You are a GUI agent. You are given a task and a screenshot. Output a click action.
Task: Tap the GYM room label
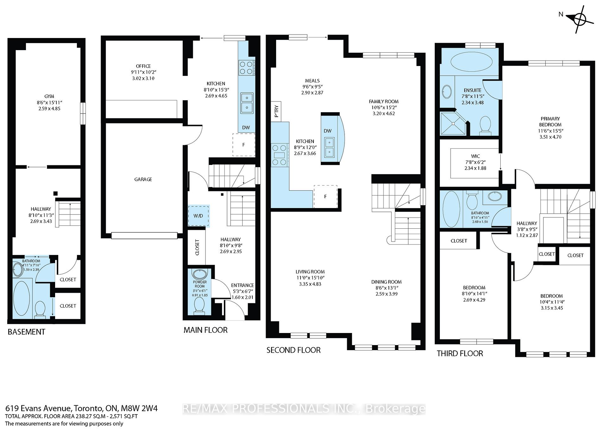tap(49, 96)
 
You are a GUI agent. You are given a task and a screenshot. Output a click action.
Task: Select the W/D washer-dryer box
tap(199, 216)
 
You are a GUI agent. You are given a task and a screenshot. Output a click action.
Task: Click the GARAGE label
tap(143, 180)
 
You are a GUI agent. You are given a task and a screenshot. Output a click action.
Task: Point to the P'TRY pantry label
tap(276, 111)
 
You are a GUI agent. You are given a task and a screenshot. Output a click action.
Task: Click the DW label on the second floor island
tap(328, 131)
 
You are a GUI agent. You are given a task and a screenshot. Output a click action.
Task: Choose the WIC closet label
tap(475, 156)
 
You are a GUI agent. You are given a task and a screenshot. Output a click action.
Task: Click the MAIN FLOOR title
tap(206, 330)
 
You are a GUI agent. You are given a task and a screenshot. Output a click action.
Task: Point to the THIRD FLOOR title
tap(460, 353)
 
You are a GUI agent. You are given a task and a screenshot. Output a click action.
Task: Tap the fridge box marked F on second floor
tap(325, 197)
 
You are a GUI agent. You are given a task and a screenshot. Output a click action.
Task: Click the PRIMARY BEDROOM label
tap(550, 122)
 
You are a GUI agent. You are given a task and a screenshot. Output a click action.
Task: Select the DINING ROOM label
tap(386, 282)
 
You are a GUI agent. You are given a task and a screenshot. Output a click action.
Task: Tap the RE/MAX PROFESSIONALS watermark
tap(304, 409)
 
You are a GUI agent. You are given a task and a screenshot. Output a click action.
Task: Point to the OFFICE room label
tap(143, 66)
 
